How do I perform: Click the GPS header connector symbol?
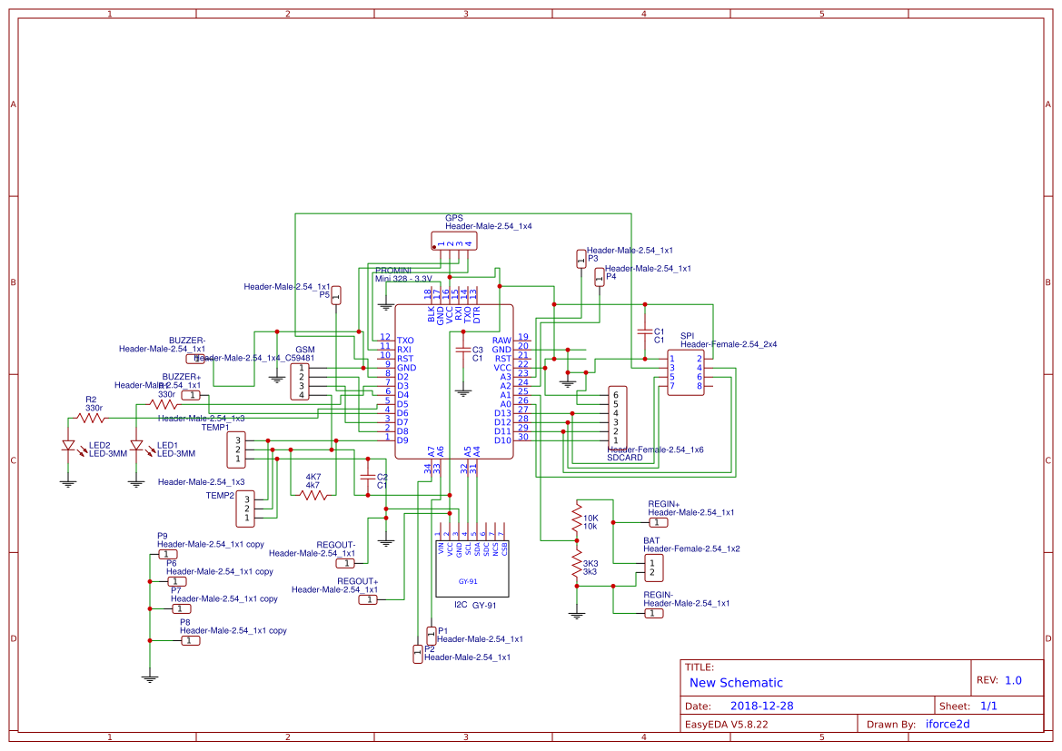tap(452, 241)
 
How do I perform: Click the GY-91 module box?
tap(472, 567)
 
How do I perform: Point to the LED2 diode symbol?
tap(68, 446)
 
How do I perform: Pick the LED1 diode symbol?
tap(137, 446)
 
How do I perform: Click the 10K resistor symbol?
tap(576, 519)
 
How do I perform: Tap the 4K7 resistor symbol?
tap(313, 495)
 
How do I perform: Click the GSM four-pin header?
tap(301, 381)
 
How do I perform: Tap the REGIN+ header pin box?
tap(657, 523)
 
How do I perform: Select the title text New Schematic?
tap(736, 683)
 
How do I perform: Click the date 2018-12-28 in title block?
tap(762, 706)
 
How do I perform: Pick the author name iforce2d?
tap(948, 725)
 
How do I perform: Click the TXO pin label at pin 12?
tap(405, 341)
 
